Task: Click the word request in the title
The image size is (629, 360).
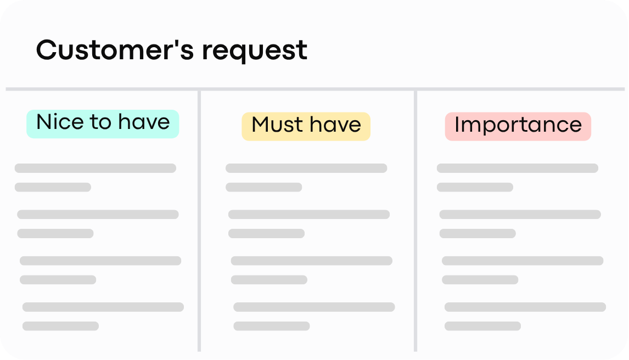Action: [x=255, y=52]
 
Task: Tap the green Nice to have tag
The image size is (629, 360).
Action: [x=103, y=124]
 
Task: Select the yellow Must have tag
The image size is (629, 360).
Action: [x=306, y=126]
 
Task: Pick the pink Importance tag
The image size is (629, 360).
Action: [x=518, y=126]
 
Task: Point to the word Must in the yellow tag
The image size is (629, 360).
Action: [x=277, y=124]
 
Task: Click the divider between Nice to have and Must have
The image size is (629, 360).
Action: [x=199, y=221]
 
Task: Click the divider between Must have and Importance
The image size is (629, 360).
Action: [x=415, y=221]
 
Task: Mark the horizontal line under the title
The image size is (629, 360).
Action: [x=315, y=89]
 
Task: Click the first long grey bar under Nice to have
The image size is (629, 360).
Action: [x=96, y=168]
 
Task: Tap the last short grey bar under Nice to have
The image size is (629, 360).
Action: [x=60, y=326]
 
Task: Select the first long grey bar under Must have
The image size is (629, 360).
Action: [x=306, y=168]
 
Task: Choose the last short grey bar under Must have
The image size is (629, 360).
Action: [x=272, y=326]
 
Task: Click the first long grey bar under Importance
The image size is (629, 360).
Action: [x=518, y=168]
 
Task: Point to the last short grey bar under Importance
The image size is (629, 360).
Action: [x=482, y=326]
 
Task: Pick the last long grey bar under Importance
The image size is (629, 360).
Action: [x=525, y=307]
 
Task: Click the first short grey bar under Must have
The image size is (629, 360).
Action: [x=264, y=187]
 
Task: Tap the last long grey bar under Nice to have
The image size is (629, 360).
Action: [x=103, y=307]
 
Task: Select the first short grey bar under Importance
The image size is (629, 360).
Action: [x=475, y=187]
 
